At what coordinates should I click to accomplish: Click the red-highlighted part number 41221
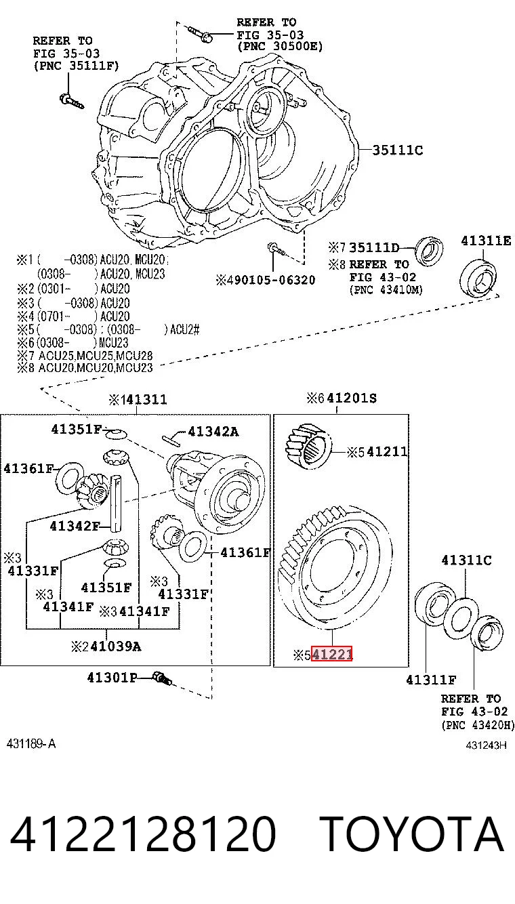pos(332,654)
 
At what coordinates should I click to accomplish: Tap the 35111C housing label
pos(397,150)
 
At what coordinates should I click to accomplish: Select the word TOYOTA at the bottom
pos(411,834)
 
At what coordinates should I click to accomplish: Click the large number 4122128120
pos(143,834)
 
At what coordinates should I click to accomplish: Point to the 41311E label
pos(486,241)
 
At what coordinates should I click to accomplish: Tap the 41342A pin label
pos(213,432)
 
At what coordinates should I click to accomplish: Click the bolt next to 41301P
pos(162,678)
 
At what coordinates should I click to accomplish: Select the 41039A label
pos(116,646)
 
